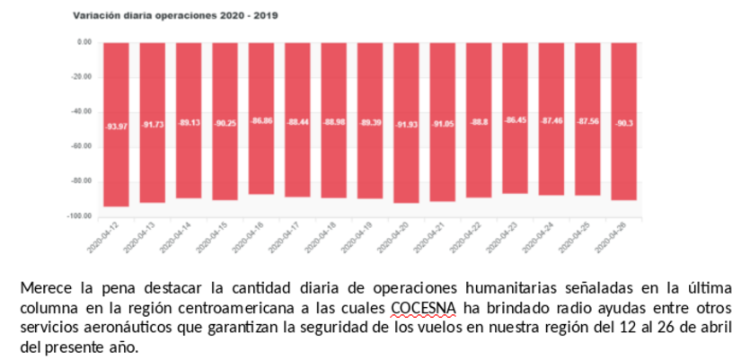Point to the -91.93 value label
(x=407, y=124)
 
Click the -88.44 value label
(x=298, y=122)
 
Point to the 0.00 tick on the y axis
(x=84, y=42)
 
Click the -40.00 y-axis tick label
(x=82, y=111)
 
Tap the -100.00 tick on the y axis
(x=80, y=215)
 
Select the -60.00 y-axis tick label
(x=82, y=146)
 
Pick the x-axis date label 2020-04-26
(x=616, y=241)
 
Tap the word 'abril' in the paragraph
(x=717, y=328)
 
